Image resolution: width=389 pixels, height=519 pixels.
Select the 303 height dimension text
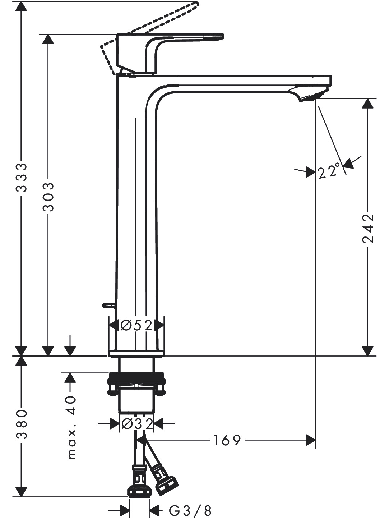(x=48, y=197)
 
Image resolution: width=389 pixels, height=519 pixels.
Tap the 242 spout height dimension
(x=368, y=228)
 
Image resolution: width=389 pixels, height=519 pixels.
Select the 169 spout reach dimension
(x=227, y=440)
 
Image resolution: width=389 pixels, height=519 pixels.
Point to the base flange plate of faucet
(x=136, y=353)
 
